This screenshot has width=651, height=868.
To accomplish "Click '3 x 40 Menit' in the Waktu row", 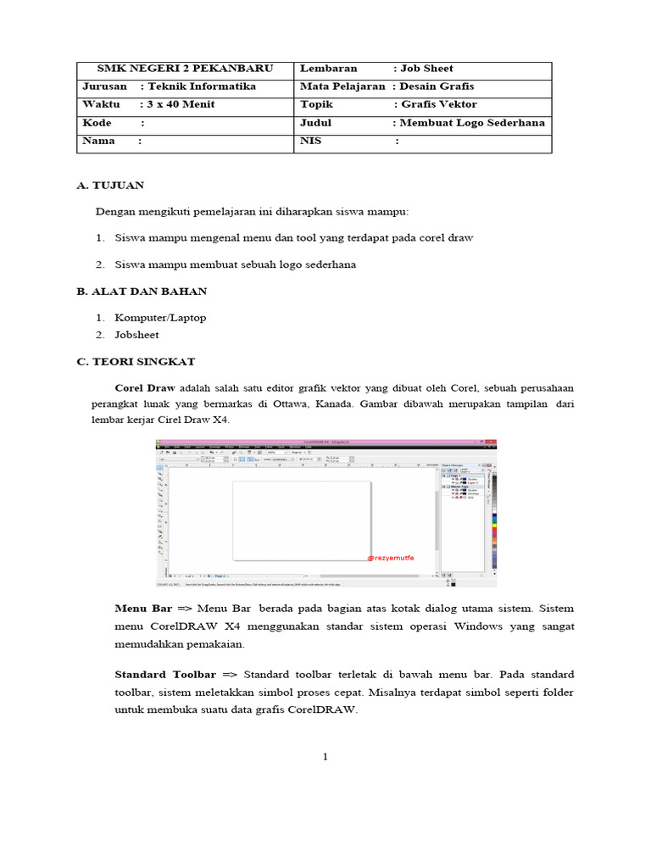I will pyautogui.click(x=181, y=104).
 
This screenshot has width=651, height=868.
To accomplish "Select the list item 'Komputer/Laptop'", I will pyautogui.click(x=160, y=318).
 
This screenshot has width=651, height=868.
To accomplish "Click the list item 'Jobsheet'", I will pyautogui.click(x=138, y=336).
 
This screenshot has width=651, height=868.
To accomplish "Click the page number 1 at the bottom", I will pyautogui.click(x=325, y=758).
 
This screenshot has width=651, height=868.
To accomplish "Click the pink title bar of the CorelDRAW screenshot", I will pyautogui.click(x=326, y=442).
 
